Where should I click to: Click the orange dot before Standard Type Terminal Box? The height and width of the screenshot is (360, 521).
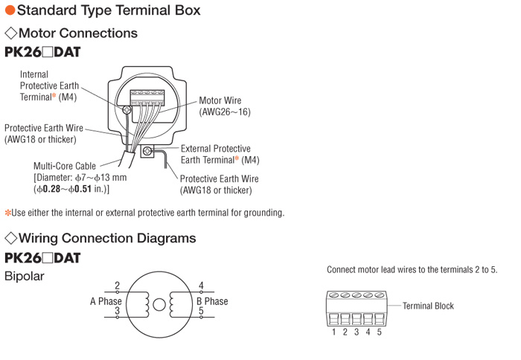coord(10,10)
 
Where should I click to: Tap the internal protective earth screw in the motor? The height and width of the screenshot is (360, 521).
coord(127,109)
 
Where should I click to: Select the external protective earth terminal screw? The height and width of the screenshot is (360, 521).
coord(147,152)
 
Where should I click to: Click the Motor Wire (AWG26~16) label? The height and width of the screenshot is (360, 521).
coord(225,106)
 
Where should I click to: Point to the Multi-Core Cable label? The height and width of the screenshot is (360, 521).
coord(65,166)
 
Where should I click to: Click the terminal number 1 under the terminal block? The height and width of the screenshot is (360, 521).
coord(333,332)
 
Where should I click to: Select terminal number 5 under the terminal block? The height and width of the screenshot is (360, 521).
coord(379,332)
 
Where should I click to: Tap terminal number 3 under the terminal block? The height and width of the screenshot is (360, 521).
coord(357,332)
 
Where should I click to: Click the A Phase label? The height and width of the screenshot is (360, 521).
coord(106,301)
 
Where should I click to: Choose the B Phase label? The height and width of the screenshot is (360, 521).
coord(212,301)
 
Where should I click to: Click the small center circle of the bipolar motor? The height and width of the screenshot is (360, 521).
coord(159,304)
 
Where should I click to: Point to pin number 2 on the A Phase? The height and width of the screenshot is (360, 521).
coord(117,286)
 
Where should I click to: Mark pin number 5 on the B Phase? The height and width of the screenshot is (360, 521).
coord(201,311)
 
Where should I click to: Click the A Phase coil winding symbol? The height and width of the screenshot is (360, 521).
coord(145,304)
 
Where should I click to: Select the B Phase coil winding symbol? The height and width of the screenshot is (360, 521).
coord(173,304)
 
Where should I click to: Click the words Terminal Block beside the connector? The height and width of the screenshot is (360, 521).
coord(428,306)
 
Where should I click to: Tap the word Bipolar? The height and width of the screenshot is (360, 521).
coord(25,276)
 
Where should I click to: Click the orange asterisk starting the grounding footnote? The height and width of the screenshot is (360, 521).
coord(7,213)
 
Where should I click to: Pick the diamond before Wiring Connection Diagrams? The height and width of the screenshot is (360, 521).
coord(11,238)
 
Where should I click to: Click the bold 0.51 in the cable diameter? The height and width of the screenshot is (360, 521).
coord(83,189)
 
